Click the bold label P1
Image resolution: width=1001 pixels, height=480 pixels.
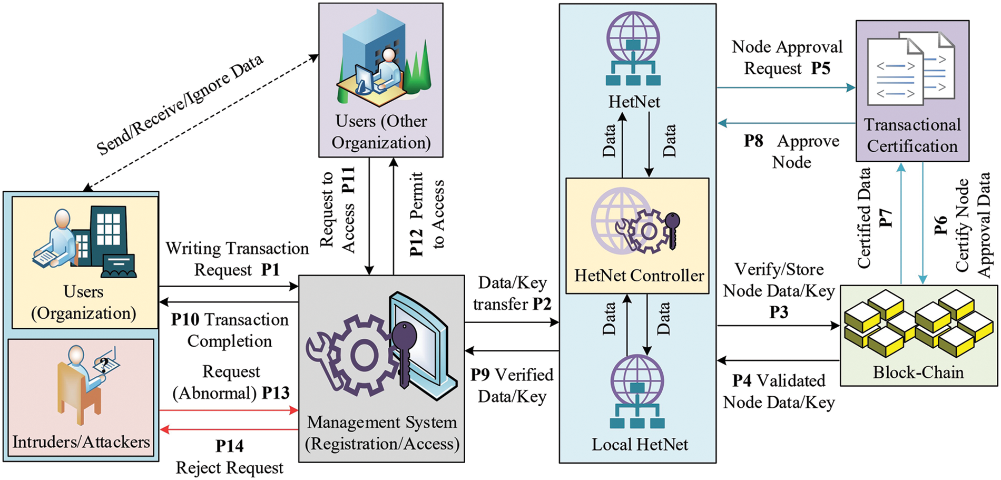point(270,270)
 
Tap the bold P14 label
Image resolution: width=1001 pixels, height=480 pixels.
point(230,446)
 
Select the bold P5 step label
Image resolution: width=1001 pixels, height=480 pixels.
point(820,68)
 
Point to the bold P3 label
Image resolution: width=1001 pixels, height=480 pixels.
point(779,312)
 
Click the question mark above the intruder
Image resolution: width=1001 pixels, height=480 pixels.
point(104,364)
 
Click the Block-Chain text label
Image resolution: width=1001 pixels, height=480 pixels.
point(918,373)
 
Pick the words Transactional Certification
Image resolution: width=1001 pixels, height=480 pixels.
point(912,135)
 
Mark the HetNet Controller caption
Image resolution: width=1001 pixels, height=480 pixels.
point(639,276)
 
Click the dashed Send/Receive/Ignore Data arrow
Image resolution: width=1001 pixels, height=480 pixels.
point(200,123)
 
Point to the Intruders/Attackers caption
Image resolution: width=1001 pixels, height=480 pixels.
point(81,442)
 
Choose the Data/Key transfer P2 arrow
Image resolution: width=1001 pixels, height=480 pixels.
point(511,322)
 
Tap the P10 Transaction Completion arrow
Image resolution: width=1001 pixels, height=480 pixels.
point(229,302)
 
